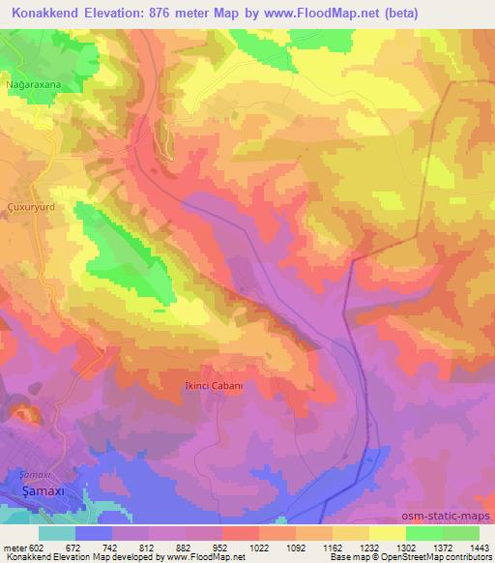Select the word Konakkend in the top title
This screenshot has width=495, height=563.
click(44, 13)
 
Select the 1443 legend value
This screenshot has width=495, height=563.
click(477, 547)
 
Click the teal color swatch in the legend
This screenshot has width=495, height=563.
click(57, 533)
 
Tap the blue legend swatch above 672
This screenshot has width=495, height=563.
click(94, 533)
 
